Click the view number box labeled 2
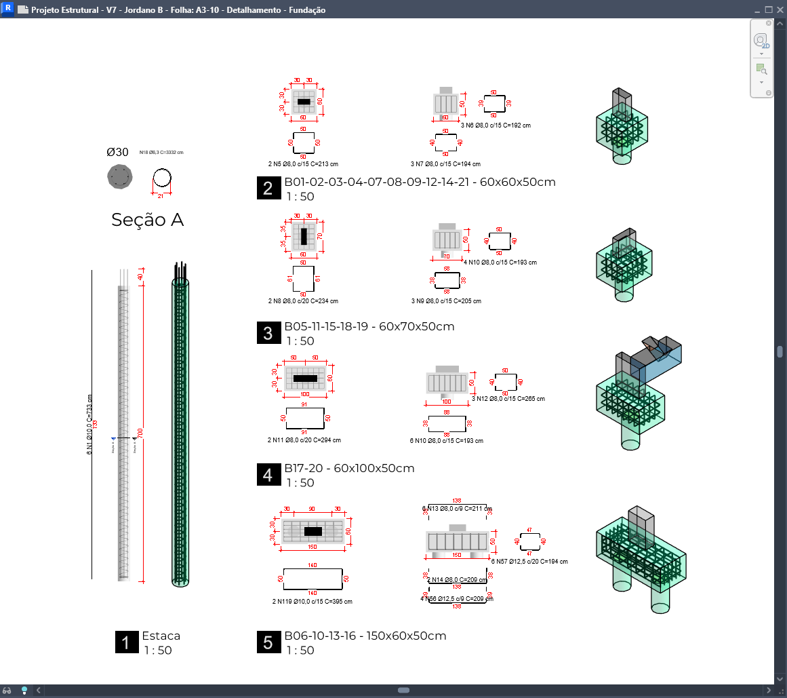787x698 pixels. pyautogui.click(x=268, y=189)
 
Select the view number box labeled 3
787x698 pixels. pyautogui.click(x=268, y=333)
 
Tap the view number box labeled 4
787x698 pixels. pyautogui.click(x=268, y=475)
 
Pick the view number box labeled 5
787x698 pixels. pyautogui.click(x=268, y=642)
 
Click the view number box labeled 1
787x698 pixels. pyautogui.click(x=126, y=642)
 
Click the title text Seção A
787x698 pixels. pyautogui.click(x=147, y=220)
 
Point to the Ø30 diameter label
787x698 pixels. pyautogui.click(x=117, y=153)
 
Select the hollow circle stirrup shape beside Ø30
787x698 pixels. pyautogui.click(x=162, y=178)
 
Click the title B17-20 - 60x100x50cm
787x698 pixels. pyautogui.click(x=349, y=468)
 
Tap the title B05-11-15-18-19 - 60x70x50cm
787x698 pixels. pyautogui.click(x=369, y=326)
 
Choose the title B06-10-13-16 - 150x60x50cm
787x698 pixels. pyautogui.click(x=365, y=636)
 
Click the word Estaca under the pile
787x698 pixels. pyautogui.click(x=161, y=636)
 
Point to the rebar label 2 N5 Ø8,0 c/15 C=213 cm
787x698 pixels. pyautogui.click(x=302, y=164)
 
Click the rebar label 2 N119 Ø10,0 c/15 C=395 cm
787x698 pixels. pyautogui.click(x=310, y=601)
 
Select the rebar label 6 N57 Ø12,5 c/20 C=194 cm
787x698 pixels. pyautogui.click(x=529, y=562)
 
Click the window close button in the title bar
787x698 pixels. pyautogui.click(x=780, y=9)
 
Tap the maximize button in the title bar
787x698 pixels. pyautogui.click(x=769, y=9)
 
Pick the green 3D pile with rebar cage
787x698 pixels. pyautogui.click(x=180, y=424)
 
